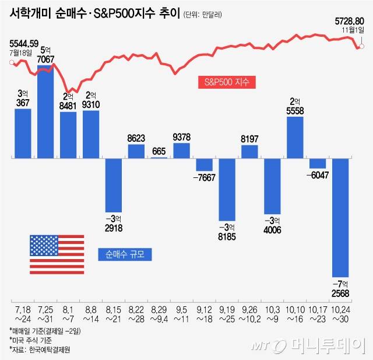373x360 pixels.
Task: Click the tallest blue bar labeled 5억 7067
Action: click(45, 111)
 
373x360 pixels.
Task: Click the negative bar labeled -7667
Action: click(204, 164)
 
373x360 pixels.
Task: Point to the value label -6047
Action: click(318, 174)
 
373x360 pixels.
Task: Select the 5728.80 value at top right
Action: click(350, 20)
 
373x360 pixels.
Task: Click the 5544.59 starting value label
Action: click(24, 43)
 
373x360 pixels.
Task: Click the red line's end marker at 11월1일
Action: click(362, 46)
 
